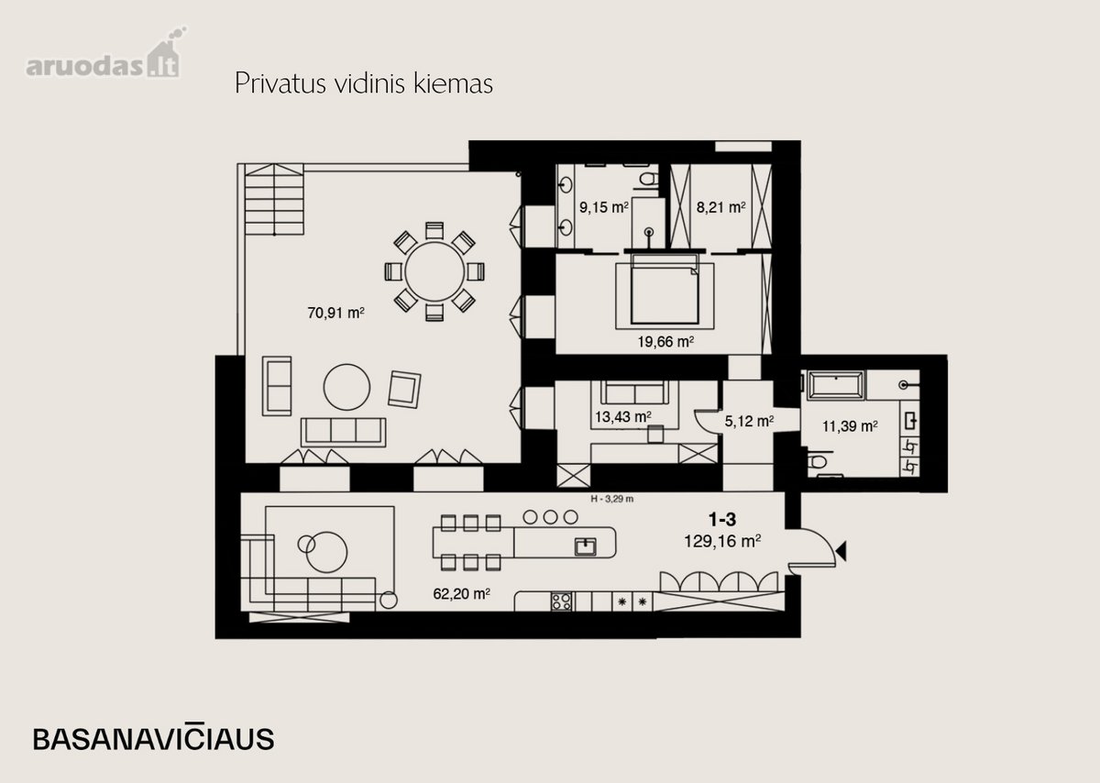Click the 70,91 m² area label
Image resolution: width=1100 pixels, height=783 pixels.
point(335,313)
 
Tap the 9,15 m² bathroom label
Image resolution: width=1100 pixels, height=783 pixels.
point(604,207)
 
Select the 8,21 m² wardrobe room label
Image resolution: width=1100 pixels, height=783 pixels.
point(720,207)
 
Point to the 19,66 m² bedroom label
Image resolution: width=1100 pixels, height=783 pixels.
point(665,341)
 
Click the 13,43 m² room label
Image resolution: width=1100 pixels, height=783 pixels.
point(623,417)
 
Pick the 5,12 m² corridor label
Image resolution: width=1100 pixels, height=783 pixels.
point(750,421)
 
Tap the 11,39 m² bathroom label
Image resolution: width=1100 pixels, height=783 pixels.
point(850,426)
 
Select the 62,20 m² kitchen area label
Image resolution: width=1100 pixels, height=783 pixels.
point(461,594)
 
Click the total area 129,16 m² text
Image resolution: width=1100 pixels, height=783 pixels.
point(722,541)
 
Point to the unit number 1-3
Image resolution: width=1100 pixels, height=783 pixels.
point(722,519)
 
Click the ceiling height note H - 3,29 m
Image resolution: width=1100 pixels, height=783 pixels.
point(612,499)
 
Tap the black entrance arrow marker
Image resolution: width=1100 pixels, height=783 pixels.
point(841,551)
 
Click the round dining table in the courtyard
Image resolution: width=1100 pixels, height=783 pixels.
point(434,271)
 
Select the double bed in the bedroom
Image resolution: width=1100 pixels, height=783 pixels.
point(665,290)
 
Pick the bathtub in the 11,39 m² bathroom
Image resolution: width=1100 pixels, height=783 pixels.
point(836,385)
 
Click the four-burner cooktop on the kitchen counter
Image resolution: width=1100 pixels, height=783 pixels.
point(561,601)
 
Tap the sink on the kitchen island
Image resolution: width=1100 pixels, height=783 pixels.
point(586,546)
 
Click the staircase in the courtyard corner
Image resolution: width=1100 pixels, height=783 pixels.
point(274,200)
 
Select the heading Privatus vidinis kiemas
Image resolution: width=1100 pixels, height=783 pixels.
point(364,83)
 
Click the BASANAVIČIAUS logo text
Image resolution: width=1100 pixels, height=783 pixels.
point(154,738)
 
